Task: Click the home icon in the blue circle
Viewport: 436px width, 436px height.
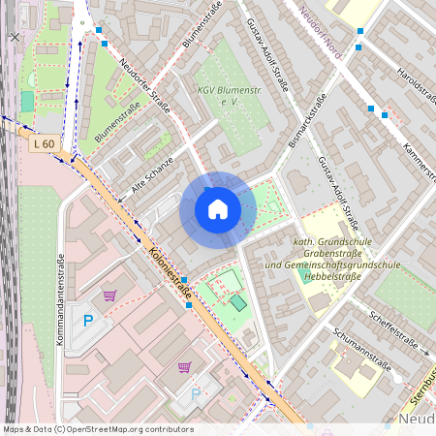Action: (217, 209)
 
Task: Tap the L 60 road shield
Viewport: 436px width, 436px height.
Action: (42, 144)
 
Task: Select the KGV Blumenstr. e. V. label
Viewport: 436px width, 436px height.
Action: (230, 94)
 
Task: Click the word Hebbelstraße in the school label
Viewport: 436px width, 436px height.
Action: (334, 276)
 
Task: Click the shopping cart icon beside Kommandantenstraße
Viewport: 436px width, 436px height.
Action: (109, 295)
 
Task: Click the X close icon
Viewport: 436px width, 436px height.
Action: (14, 37)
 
